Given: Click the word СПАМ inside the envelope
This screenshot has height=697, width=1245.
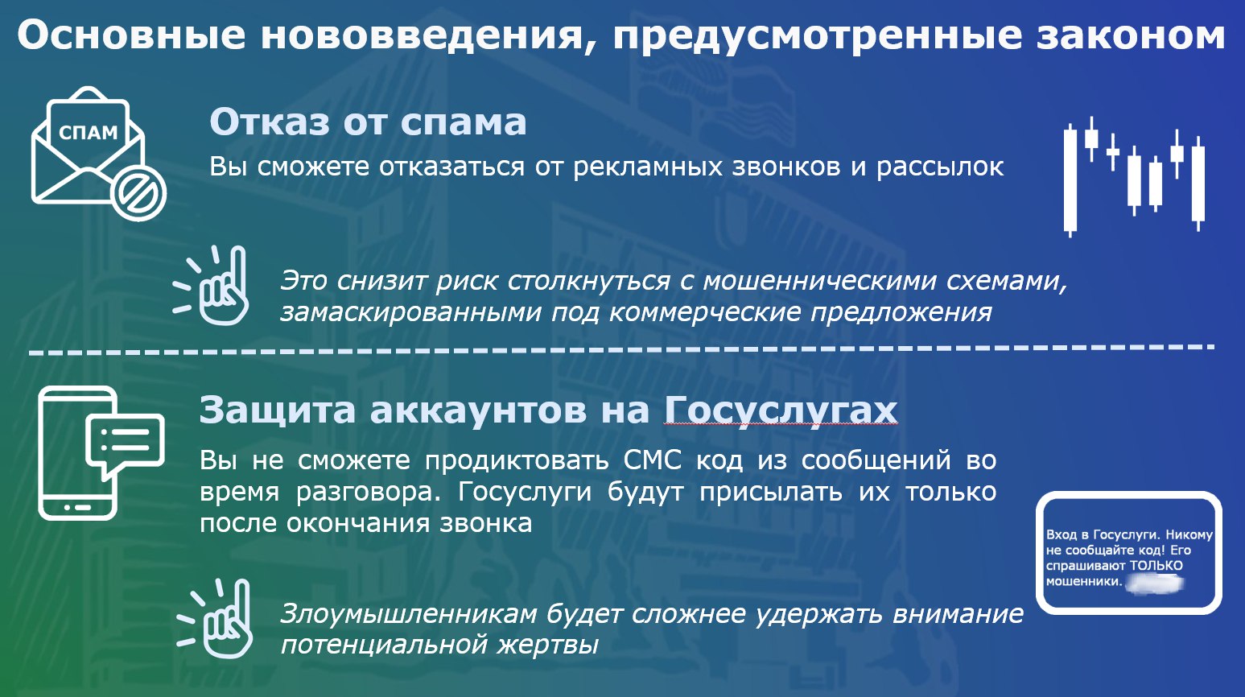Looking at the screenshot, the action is click(89, 132).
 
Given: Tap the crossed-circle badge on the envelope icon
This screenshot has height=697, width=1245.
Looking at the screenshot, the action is click(138, 194).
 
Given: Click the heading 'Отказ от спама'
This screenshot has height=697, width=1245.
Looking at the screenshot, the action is click(368, 122).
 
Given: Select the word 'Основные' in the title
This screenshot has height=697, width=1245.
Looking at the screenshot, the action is click(131, 35).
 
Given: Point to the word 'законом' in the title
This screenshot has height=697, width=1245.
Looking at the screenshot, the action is click(1131, 35).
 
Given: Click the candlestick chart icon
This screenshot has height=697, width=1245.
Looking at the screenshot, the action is click(1135, 177).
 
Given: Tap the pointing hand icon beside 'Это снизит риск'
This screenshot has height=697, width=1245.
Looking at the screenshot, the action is click(211, 285).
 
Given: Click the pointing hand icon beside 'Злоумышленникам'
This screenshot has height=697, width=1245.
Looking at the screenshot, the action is click(215, 619).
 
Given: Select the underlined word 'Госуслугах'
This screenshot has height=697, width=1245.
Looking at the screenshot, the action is click(781, 410).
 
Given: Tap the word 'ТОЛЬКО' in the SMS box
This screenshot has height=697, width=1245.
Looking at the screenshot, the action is click(1156, 566).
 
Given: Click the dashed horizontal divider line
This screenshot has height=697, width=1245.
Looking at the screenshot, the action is click(621, 349).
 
